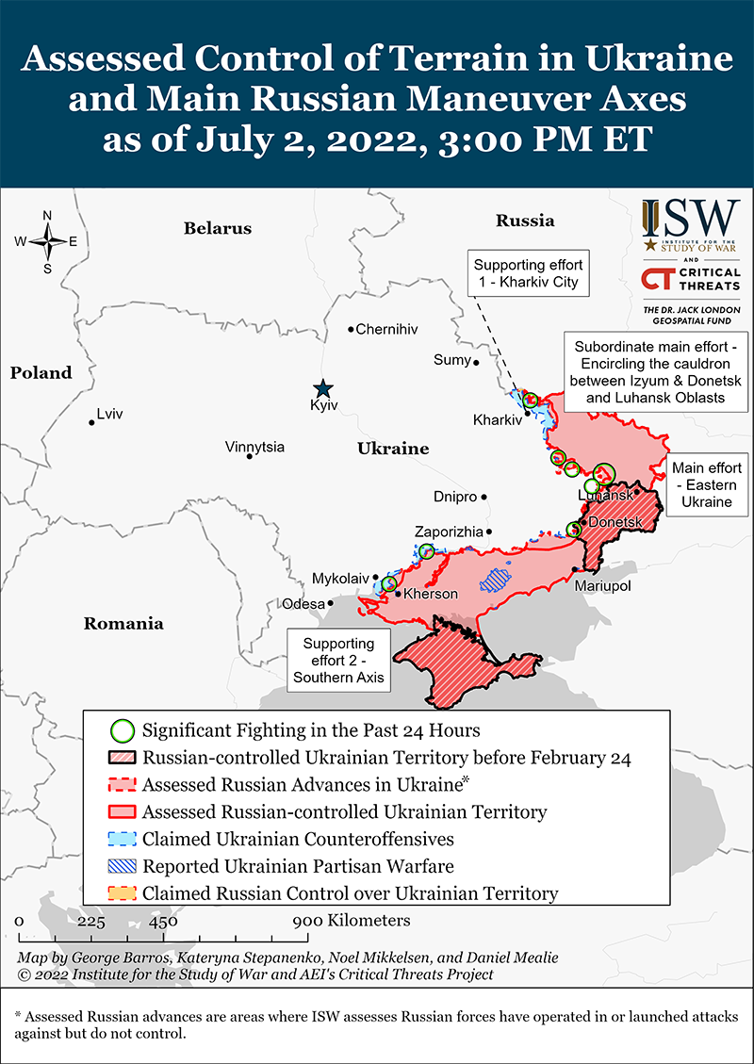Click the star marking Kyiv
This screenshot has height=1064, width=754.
tap(323, 387)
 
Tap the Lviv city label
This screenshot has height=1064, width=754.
tap(109, 414)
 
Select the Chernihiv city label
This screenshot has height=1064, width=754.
tap(386, 329)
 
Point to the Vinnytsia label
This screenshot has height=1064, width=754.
tap(254, 447)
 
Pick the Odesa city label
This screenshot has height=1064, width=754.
tap(303, 603)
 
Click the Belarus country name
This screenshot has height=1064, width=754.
tap(218, 228)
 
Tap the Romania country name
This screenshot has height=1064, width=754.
tap(123, 623)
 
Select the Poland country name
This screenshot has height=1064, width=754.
tap(41, 372)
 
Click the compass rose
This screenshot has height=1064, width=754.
tap(47, 241)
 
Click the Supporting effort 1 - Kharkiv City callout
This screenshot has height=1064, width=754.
tap(528, 273)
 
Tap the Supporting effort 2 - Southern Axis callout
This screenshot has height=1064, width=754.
tap(338, 660)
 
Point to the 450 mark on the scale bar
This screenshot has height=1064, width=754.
tap(163, 921)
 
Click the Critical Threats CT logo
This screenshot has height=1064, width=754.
tap(661, 279)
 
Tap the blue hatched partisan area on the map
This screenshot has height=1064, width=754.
tap(495, 579)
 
